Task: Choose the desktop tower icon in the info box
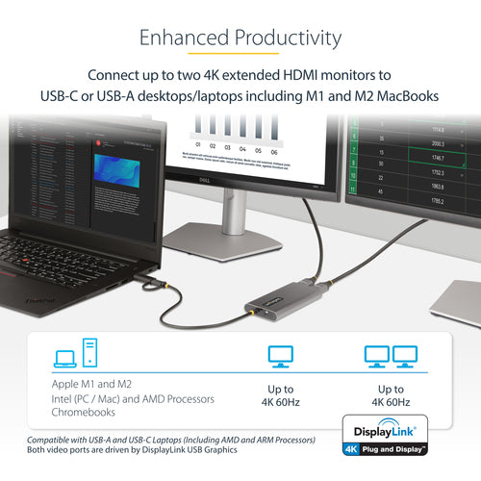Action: pos(89,353)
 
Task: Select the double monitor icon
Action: pos(391,358)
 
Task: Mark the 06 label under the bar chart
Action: pos(273,151)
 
